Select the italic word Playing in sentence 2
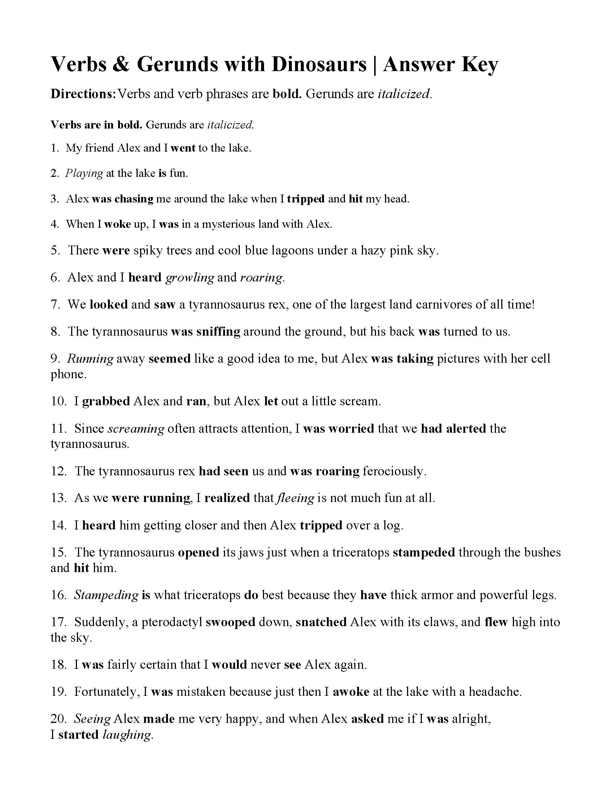click(x=84, y=173)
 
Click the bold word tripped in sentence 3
click(x=306, y=199)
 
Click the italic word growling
click(x=190, y=278)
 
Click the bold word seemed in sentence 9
click(x=169, y=359)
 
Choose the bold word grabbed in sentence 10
click(x=106, y=401)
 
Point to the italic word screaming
click(x=137, y=429)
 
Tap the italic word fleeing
click(x=295, y=498)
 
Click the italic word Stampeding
click(x=106, y=595)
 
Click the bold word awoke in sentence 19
click(x=351, y=692)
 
